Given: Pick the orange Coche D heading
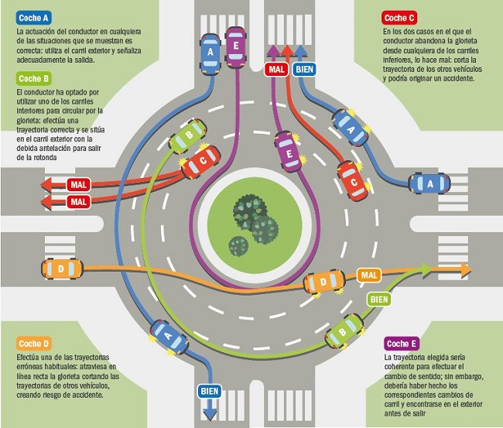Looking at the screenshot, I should pyautogui.click(x=34, y=343).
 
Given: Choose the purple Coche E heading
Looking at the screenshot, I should pyautogui.click(x=402, y=344).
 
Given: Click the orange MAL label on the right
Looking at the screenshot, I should pyautogui.click(x=369, y=275).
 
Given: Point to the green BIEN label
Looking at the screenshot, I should pyautogui.click(x=378, y=297).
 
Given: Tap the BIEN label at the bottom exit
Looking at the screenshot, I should pyautogui.click(x=209, y=390).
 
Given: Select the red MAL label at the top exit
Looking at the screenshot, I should pyautogui.click(x=276, y=69).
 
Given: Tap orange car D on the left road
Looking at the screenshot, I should pyautogui.click(x=60, y=270).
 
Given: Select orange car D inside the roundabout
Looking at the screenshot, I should pyautogui.click(x=324, y=282).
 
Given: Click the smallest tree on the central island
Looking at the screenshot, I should pyautogui.click(x=238, y=245).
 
